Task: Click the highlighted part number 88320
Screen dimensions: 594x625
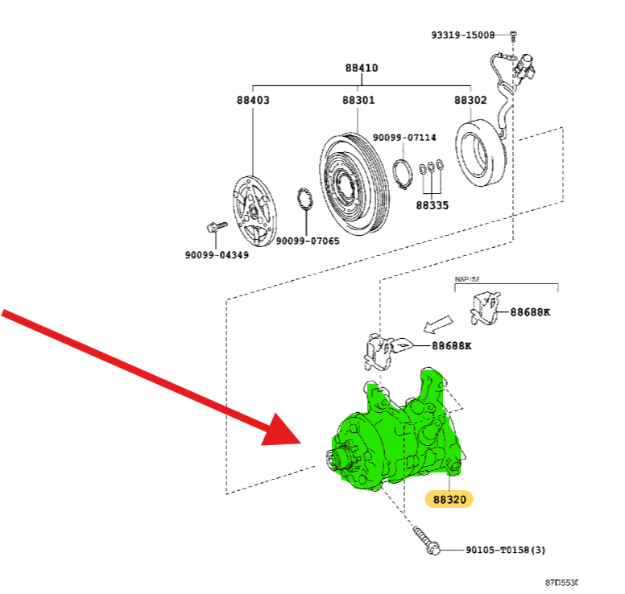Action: coord(449,499)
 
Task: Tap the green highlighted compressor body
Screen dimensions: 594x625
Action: coord(395,439)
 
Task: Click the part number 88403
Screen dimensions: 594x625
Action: coord(253,101)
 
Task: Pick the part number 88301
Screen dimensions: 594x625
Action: coord(358,101)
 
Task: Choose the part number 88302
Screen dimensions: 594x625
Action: coord(470,101)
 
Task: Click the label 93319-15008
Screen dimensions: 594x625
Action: coord(462,35)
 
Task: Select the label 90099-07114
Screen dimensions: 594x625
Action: coord(404,138)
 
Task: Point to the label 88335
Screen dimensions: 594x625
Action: coord(432,205)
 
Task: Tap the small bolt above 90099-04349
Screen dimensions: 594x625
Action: coord(214,228)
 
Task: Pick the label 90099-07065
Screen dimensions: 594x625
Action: coord(308,241)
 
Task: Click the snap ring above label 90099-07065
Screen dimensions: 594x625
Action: coord(305,200)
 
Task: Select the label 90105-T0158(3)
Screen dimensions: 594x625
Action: coord(505,551)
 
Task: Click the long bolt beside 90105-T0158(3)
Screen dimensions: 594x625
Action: coord(426,540)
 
